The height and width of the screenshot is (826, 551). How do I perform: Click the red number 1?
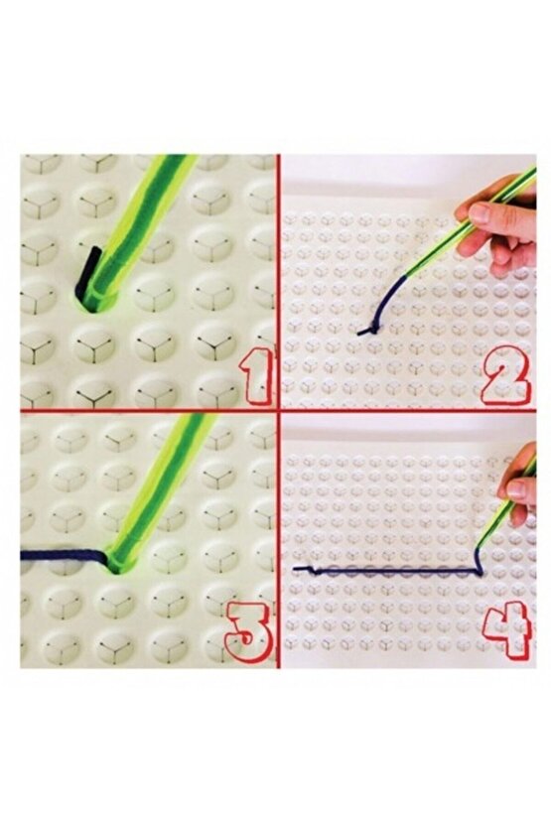tap(257, 374)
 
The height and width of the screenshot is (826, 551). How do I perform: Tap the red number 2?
tap(505, 374)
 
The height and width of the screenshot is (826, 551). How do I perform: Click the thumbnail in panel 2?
tap(481, 213)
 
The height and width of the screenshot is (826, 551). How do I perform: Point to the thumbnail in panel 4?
tap(517, 488)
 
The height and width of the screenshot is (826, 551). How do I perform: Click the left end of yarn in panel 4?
tap(295, 569)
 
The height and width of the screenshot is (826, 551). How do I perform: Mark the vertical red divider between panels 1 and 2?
tap(277, 282)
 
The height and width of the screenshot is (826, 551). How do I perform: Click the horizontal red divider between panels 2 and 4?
tap(407, 409)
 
